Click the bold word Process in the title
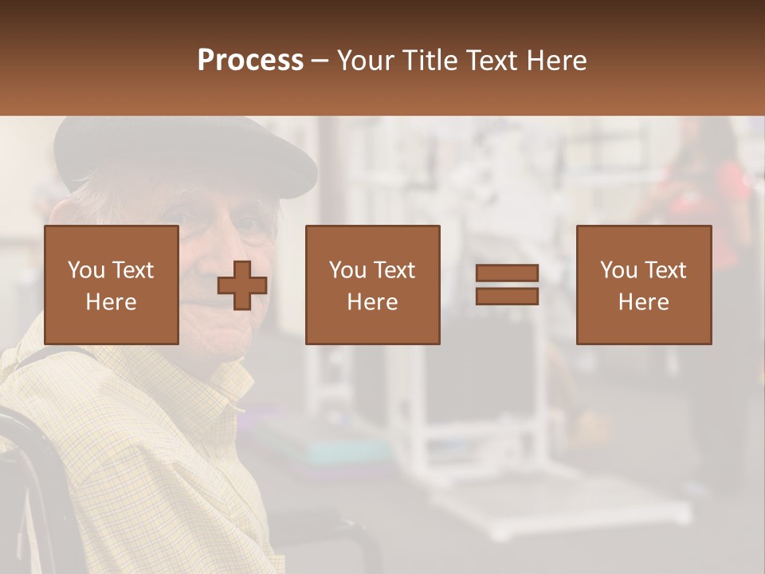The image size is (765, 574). coord(250,61)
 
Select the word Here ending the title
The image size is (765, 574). coord(558,61)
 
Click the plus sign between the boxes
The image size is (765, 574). coord(242,285)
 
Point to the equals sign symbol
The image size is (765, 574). coord(507,285)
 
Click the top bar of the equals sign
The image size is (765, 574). coord(507,273)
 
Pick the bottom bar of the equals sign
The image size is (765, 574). coord(507,296)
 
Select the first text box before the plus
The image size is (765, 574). coord(112,285)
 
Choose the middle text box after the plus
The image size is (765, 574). coord(372,285)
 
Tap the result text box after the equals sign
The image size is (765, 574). coord(643,285)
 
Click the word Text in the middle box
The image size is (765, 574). coord(393,270)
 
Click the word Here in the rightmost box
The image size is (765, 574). coord(643,302)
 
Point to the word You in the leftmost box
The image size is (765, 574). coord(86,270)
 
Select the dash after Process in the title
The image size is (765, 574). coord(320,61)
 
